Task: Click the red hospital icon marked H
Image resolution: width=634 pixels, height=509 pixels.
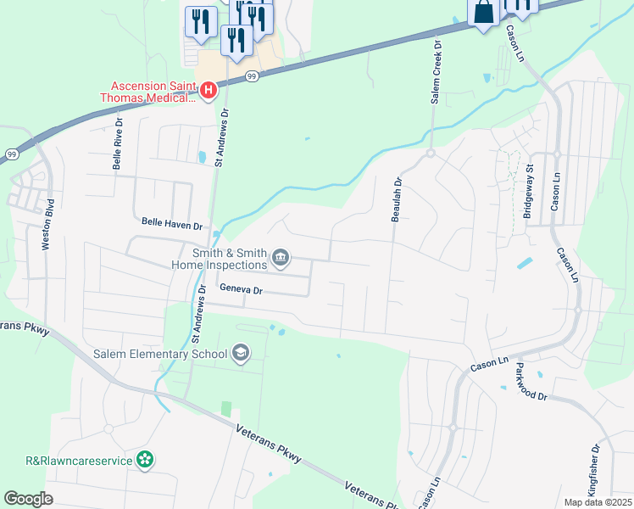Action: click(x=208, y=89)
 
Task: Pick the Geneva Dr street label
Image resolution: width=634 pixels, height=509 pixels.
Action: click(x=242, y=290)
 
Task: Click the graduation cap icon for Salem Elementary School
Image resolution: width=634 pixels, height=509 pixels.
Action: click(x=241, y=353)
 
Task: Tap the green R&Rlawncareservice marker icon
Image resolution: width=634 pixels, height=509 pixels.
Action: click(x=146, y=460)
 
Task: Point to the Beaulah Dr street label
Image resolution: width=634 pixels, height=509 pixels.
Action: click(x=395, y=199)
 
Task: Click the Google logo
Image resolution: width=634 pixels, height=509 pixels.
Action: click(x=28, y=499)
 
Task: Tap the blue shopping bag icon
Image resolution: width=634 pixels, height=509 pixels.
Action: click(x=483, y=13)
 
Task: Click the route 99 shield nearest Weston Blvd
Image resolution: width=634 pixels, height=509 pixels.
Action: click(x=11, y=154)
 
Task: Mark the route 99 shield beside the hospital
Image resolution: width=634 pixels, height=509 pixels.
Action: click(x=252, y=76)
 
